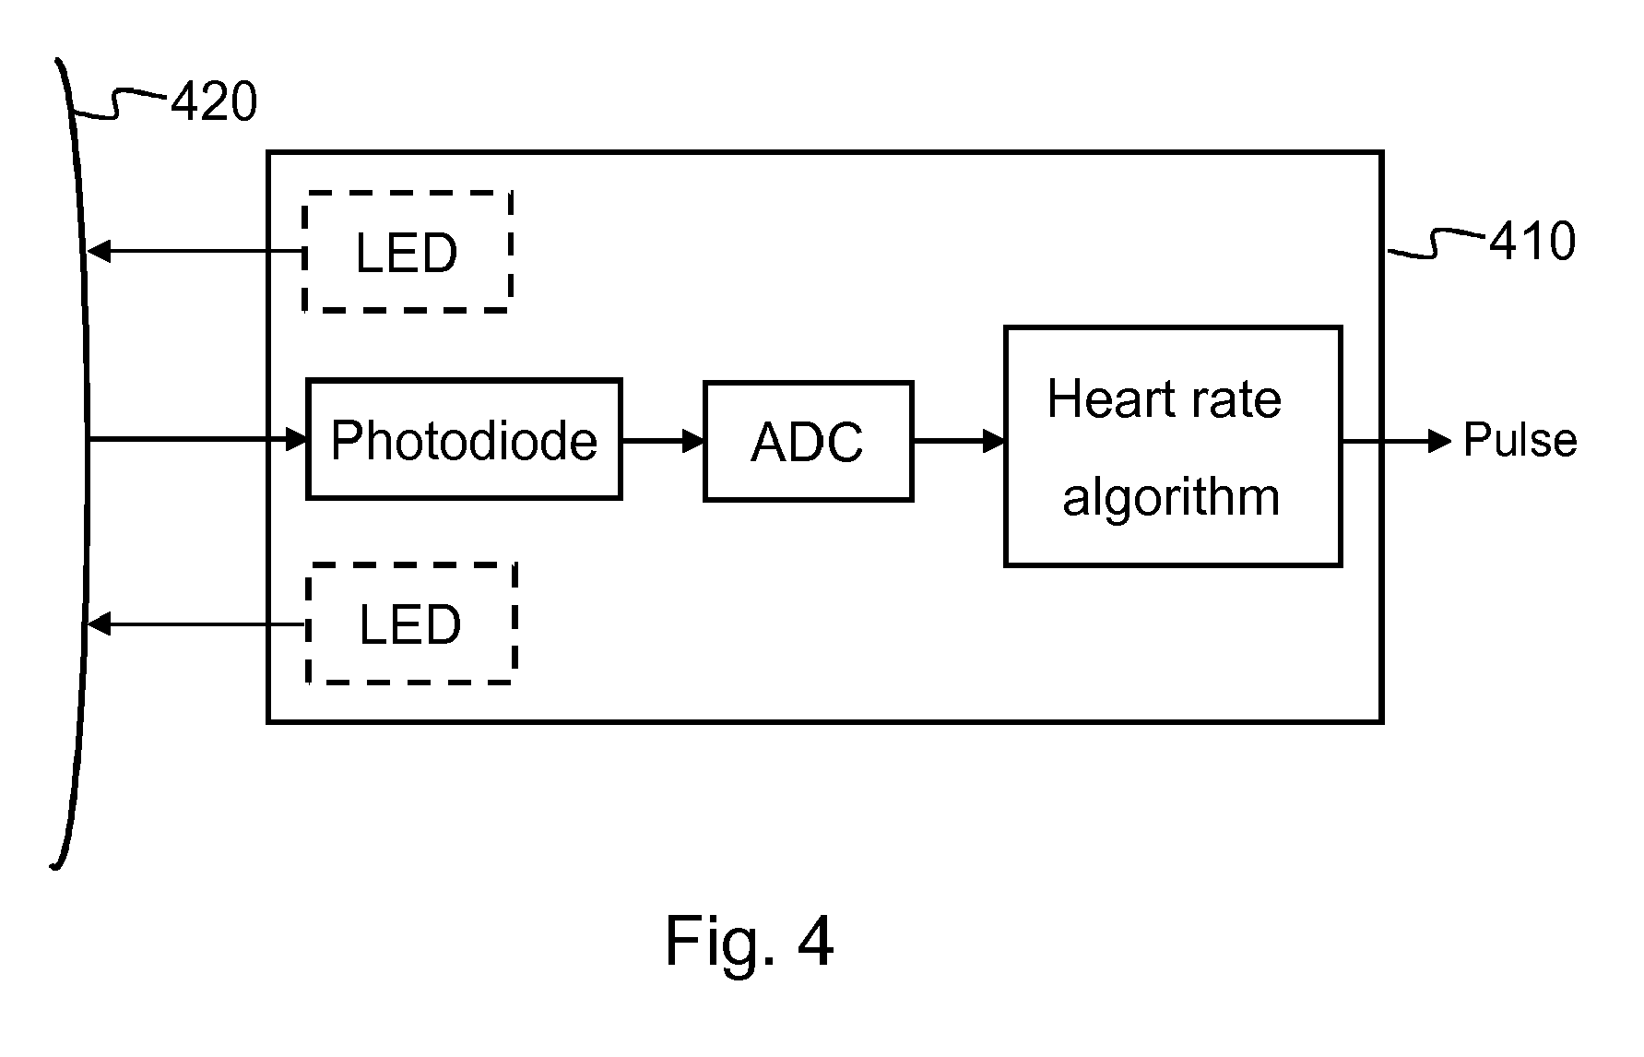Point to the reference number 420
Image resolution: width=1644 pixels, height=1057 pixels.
point(214,101)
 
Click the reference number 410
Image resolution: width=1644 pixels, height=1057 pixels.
point(1532,242)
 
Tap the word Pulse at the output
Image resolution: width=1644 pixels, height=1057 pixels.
point(1520,440)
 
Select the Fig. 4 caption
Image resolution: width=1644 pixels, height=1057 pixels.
point(749,942)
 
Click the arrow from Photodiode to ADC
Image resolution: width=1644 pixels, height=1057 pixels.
point(663,441)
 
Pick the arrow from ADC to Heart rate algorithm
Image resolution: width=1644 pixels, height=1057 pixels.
point(959,441)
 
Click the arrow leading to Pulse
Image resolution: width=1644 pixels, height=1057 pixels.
point(1396,441)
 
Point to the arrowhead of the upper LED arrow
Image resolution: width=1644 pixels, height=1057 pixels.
point(99,251)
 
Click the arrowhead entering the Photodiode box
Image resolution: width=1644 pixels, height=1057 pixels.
point(296,439)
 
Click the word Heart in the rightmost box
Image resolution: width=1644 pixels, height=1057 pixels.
point(1112,399)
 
